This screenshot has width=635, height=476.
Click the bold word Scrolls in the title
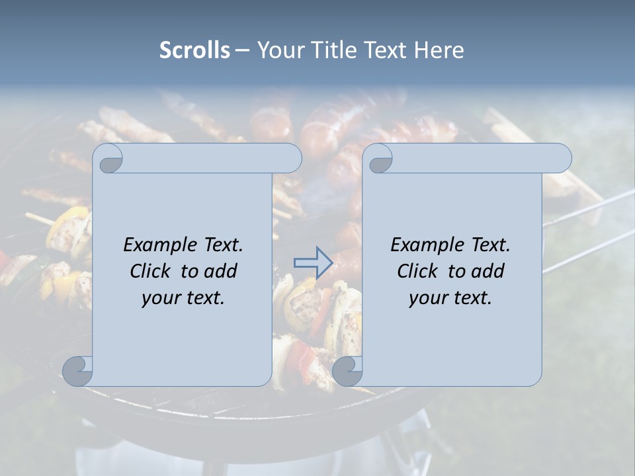(194, 50)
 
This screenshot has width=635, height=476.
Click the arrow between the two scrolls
(313, 263)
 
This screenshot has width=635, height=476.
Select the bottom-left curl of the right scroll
(348, 370)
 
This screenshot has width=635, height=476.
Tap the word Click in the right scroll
(418, 271)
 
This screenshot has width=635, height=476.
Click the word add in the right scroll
(487, 271)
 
